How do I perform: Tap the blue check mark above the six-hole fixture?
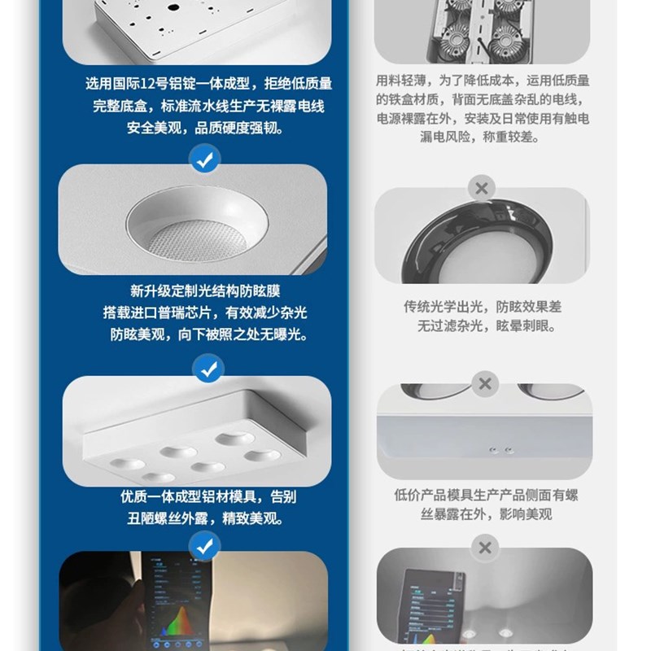(x=207, y=369)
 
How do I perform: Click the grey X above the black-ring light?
(x=482, y=190)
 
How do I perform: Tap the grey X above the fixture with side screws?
(x=485, y=383)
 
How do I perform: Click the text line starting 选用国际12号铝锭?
(x=208, y=84)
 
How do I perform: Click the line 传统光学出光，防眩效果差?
(x=483, y=307)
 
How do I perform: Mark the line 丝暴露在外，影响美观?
(x=486, y=514)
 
